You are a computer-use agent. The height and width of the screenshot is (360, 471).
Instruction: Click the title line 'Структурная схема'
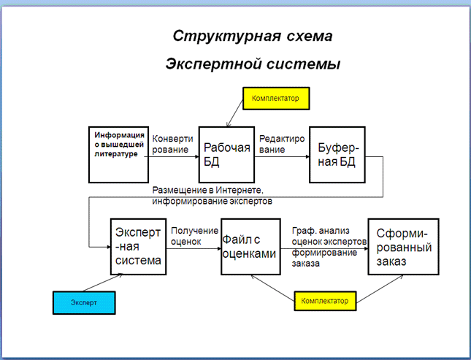pos(252,36)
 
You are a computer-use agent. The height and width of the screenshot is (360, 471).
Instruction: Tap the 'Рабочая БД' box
pos(226,154)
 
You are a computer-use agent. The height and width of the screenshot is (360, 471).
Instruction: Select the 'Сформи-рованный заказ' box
pos(403,246)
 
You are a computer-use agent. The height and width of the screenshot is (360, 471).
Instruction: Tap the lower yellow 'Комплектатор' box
pos(326,300)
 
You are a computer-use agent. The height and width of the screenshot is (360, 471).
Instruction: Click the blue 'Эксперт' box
pos(84,301)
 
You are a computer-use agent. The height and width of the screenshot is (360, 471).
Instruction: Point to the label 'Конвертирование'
pos(173,144)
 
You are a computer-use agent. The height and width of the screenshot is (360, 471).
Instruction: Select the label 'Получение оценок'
pos(194,236)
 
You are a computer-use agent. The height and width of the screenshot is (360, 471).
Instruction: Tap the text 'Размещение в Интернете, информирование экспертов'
pos(212,195)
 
